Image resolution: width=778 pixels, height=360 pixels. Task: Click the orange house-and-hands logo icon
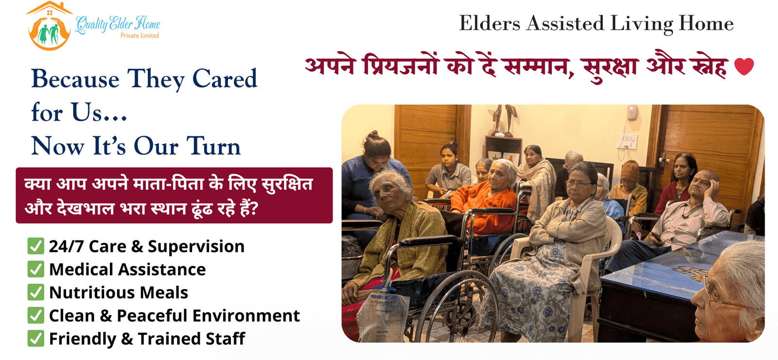click(x=49, y=27)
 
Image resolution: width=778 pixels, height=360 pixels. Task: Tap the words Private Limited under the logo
click(x=140, y=36)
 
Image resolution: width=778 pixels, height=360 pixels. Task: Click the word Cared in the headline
click(x=225, y=79)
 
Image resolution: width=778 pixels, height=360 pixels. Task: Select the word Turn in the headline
click(x=213, y=146)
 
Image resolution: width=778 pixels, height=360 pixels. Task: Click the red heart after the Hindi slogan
click(x=743, y=67)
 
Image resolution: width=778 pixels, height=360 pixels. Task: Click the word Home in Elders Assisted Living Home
click(x=706, y=23)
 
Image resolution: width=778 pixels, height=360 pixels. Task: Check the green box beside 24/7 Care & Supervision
click(x=36, y=246)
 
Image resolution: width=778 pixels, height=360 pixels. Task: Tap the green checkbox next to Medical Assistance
click(x=36, y=269)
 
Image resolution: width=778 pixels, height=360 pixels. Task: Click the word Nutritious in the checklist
click(x=84, y=292)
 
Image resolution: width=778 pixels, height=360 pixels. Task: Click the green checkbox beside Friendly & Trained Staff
click(x=36, y=339)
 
